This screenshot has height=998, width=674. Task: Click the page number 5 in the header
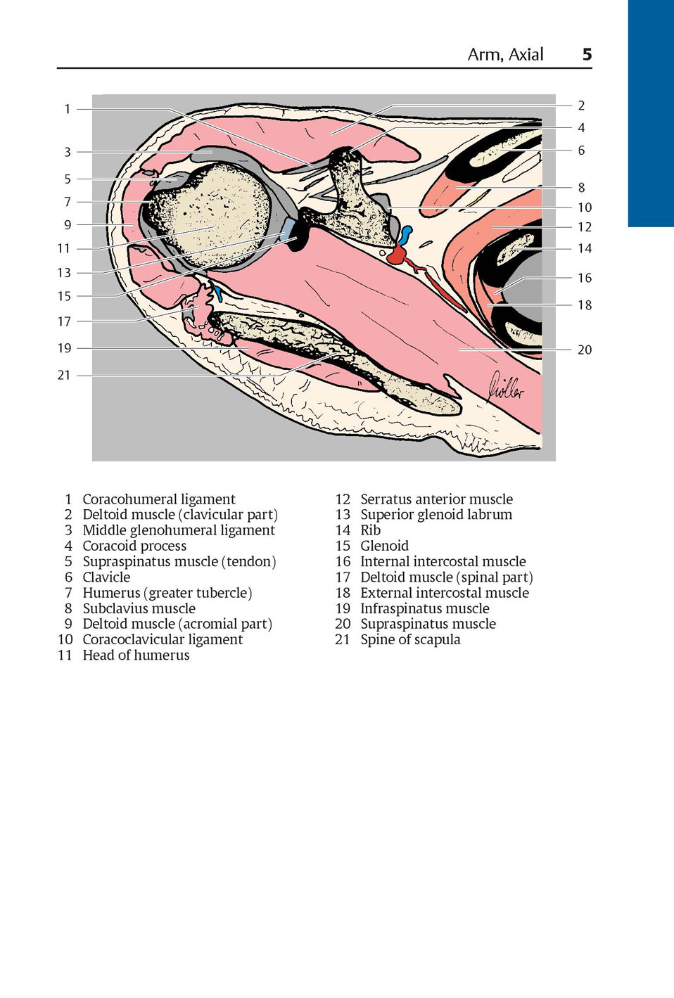tap(587, 54)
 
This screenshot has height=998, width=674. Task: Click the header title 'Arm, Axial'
tap(505, 54)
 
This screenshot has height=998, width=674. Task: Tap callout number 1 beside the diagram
tap(68, 109)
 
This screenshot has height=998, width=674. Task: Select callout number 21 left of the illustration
tap(64, 375)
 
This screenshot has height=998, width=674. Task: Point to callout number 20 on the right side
tap(585, 350)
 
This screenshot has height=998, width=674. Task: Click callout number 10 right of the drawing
tap(585, 207)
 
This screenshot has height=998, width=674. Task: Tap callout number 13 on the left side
tap(64, 272)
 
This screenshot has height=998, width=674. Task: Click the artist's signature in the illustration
tap(506, 387)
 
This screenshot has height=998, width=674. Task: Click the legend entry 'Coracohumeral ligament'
tap(159, 499)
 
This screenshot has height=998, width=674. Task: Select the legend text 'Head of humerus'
tap(136, 655)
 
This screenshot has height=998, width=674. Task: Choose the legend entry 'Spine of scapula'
tap(410, 640)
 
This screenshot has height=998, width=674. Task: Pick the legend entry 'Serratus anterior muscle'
tap(436, 499)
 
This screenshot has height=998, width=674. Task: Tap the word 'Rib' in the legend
tap(371, 530)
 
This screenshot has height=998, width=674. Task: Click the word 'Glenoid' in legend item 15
tap(384, 546)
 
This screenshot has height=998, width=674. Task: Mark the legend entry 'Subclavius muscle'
tap(139, 608)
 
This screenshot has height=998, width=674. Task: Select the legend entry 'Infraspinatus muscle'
tap(425, 608)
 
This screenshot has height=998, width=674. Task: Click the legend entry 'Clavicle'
tap(106, 577)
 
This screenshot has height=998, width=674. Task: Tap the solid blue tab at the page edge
tap(651, 114)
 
